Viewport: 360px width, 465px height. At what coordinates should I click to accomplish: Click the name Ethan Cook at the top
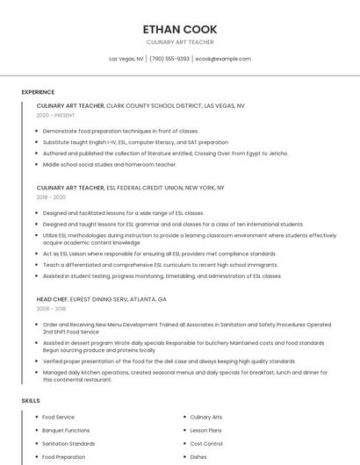tap(179, 28)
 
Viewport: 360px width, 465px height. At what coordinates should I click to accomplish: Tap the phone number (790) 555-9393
tap(169, 59)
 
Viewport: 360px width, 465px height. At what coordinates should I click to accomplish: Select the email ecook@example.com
tap(223, 59)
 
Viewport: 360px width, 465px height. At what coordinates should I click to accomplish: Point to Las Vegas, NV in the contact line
tap(126, 59)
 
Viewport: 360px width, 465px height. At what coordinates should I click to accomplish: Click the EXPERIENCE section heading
tap(38, 92)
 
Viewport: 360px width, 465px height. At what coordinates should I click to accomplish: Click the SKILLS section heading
tap(31, 400)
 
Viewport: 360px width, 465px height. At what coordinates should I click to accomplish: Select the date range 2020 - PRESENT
tap(55, 115)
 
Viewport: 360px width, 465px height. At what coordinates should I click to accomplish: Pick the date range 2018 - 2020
tap(52, 197)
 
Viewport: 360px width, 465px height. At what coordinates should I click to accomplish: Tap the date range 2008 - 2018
tap(52, 309)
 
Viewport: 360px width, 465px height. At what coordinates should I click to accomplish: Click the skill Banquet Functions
tap(66, 430)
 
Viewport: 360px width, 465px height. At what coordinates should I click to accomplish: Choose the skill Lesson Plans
tap(207, 430)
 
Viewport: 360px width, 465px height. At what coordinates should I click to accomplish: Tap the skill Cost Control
tap(206, 443)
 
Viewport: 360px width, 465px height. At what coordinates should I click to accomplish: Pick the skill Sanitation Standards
tap(68, 443)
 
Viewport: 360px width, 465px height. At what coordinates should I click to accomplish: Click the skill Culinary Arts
tap(206, 417)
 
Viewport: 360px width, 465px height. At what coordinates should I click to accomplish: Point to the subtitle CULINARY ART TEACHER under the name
tap(179, 42)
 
